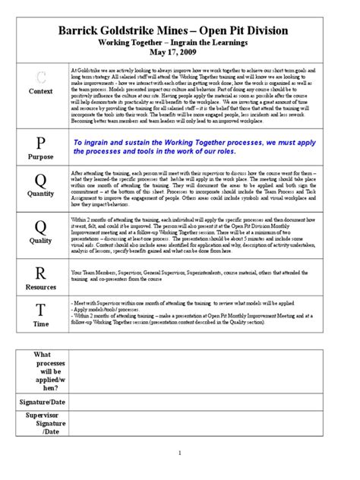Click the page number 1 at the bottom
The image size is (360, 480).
point(180,454)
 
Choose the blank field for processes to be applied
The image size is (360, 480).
point(215,371)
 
